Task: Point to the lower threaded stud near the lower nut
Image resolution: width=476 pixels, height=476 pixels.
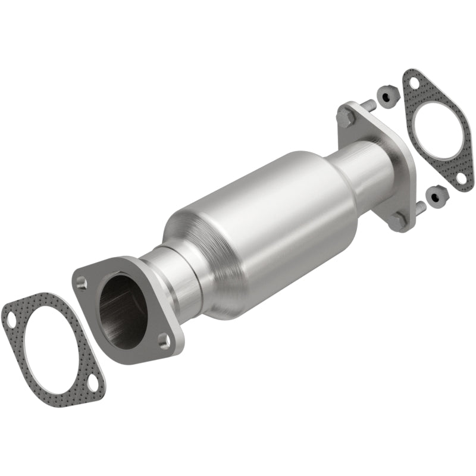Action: pyautogui.click(x=421, y=207)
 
